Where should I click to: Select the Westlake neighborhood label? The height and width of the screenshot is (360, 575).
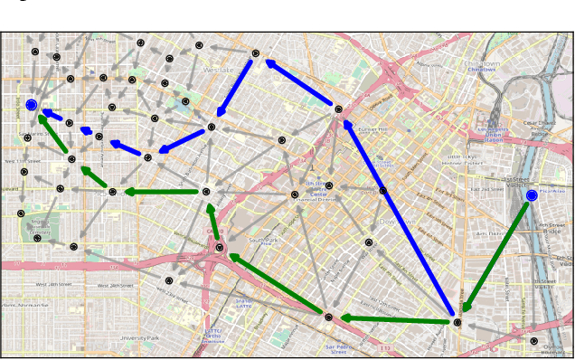click(x=218, y=69)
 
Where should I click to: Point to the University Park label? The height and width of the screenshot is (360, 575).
click(x=140, y=338)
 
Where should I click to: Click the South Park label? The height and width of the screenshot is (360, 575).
click(x=263, y=240)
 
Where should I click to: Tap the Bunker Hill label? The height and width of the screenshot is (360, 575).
click(x=372, y=130)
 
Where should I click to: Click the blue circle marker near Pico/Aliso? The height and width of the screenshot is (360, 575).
click(x=532, y=194)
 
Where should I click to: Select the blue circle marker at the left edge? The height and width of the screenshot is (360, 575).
click(x=32, y=105)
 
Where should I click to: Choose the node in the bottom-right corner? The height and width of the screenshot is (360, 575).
click(x=533, y=342)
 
